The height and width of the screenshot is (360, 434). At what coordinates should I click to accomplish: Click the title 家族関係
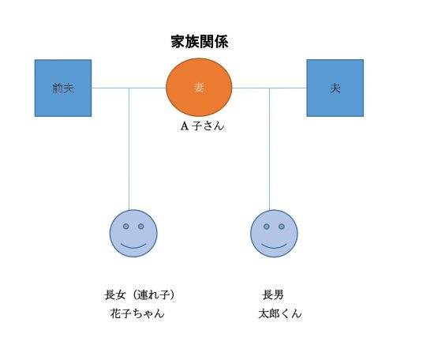point(200,42)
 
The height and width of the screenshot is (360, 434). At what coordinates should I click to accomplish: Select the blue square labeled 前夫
point(63,88)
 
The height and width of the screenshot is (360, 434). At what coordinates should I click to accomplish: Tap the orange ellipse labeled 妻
point(199,87)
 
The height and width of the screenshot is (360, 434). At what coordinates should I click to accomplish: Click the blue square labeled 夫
point(335,88)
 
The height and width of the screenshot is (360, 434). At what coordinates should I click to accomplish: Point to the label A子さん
point(202,126)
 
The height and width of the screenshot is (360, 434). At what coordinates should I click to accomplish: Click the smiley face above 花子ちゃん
point(133,234)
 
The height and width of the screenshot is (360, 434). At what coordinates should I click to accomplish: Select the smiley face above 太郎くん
point(274,234)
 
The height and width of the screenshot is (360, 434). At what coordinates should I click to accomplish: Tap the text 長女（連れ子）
point(140,294)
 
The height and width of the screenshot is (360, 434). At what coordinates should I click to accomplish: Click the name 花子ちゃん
point(137,313)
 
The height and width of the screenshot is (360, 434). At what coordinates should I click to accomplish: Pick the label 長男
point(273,294)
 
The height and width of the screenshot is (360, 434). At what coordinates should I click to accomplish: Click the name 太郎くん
point(280,313)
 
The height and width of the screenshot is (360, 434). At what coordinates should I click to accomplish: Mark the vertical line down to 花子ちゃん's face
point(129,149)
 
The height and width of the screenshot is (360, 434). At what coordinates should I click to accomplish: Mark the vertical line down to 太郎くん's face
point(270,149)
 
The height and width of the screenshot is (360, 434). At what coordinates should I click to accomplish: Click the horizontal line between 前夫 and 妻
point(129,88)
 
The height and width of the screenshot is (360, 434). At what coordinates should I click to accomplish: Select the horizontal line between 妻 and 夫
point(269,88)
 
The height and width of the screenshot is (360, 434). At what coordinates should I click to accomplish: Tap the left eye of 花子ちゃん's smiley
point(126,227)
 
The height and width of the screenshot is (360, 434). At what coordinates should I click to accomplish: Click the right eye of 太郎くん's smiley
point(282,227)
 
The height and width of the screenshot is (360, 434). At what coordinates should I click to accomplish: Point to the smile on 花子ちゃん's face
point(133,246)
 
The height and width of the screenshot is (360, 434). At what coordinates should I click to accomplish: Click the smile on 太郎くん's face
point(274,246)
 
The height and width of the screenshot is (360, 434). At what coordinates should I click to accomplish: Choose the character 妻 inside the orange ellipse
point(199,88)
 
